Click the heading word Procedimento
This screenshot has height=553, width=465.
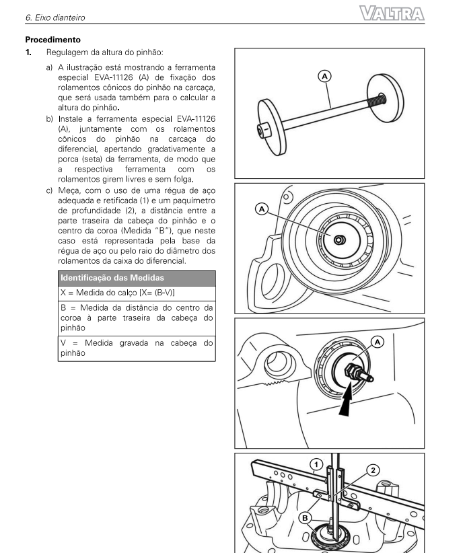54,40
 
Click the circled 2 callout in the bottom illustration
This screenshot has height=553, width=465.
375,471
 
